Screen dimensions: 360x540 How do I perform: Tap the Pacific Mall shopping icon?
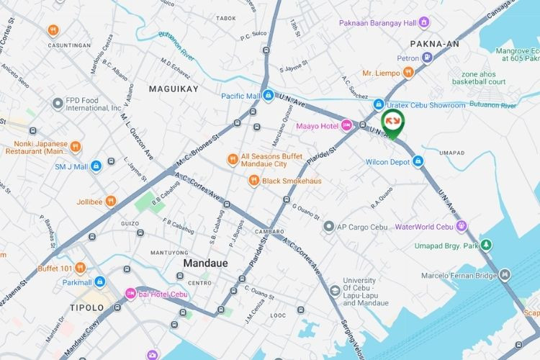coord(268,95)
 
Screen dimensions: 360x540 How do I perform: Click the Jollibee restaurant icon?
coord(111,200)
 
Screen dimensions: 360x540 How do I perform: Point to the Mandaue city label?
coord(206,264)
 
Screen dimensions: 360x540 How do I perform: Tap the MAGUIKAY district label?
coord(173,89)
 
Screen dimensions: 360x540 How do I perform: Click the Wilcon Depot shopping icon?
coord(418,161)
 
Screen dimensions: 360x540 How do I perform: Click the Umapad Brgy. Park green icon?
coord(487,246)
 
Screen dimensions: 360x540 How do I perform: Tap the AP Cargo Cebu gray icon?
coord(329,227)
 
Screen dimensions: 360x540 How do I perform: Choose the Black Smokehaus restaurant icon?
coord(253,181)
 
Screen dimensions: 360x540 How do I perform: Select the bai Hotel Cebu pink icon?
coord(130,293)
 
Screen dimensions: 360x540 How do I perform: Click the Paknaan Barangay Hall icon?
coord(425,22)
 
